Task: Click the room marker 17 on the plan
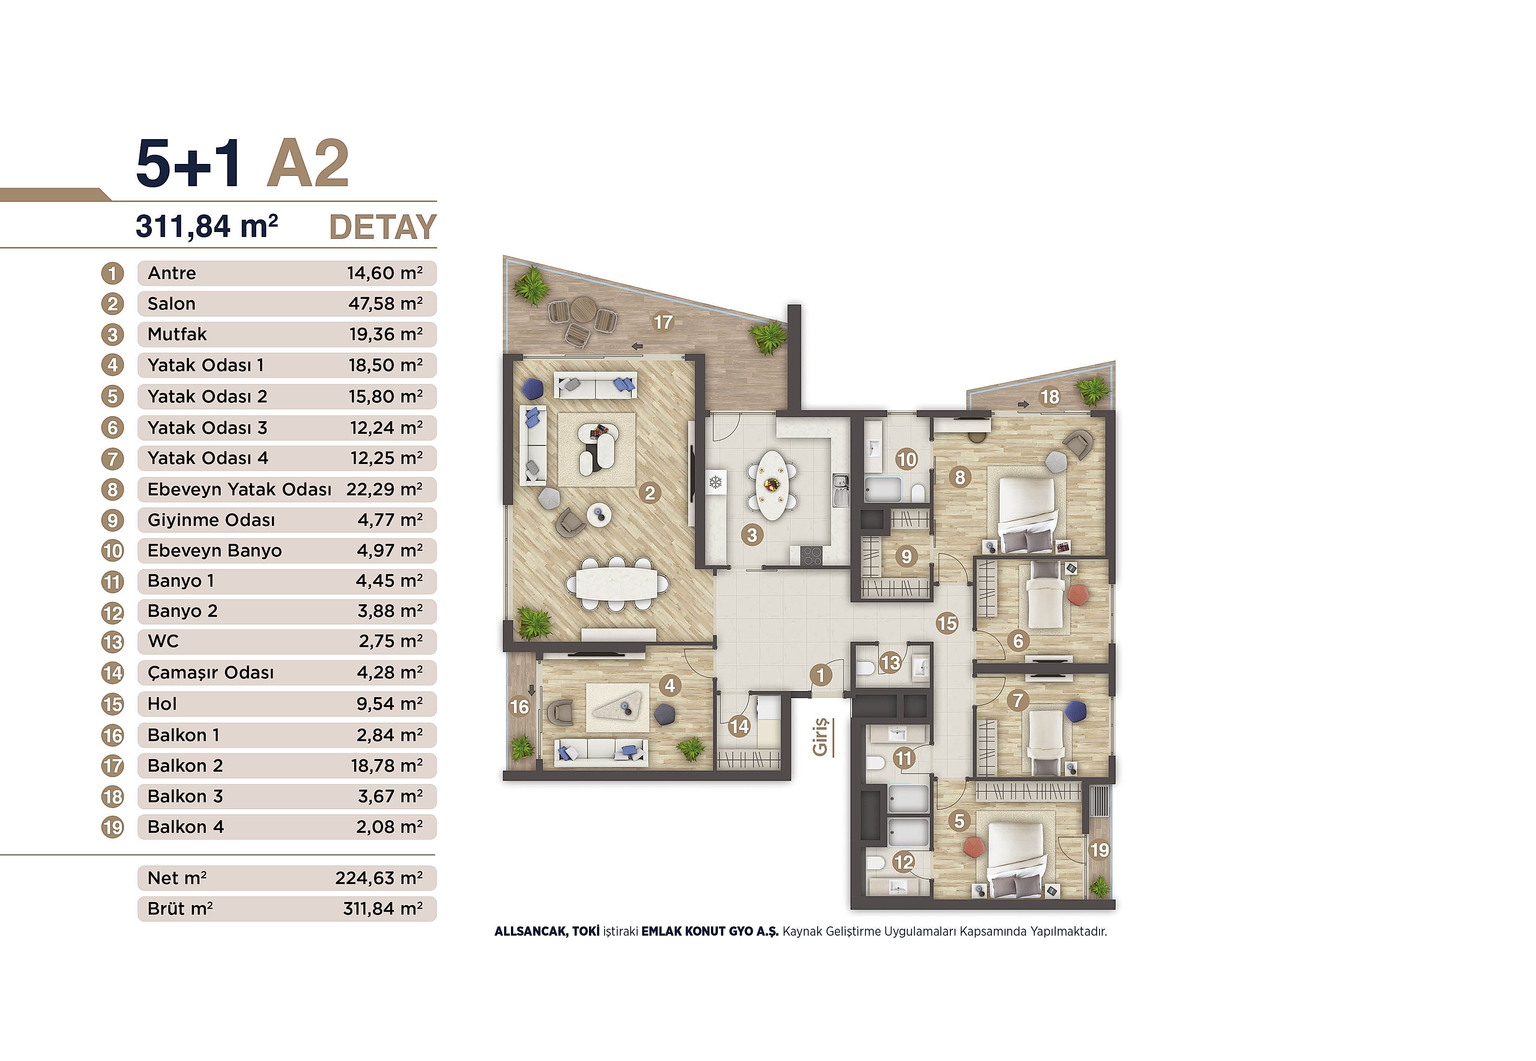662,323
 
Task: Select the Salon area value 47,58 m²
385,304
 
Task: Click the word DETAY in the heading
382,227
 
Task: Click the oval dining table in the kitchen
772,485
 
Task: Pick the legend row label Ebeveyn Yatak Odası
239,489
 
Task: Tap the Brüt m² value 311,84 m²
382,909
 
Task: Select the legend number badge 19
112,827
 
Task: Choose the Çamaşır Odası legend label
210,673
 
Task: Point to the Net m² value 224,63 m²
379,878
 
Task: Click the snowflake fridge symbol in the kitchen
716,482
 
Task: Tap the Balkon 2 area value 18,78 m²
387,766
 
